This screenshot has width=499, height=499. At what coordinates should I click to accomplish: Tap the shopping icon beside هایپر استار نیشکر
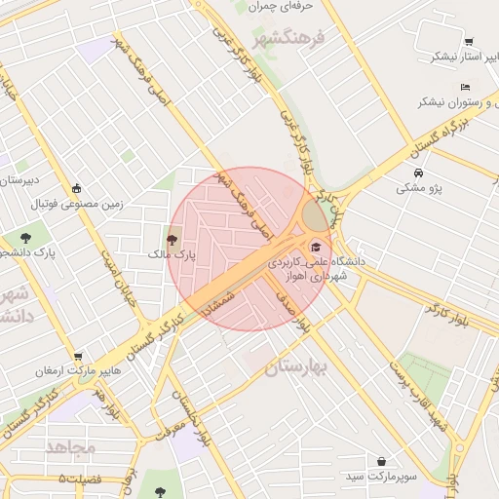469,42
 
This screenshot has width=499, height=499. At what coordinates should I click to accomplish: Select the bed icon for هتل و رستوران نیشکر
465,87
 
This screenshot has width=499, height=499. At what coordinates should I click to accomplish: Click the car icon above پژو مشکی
418,173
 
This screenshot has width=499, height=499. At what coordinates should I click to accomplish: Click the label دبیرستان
19,180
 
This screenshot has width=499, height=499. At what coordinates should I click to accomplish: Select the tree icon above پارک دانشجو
25,237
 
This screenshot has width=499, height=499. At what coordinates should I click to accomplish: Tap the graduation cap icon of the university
316,247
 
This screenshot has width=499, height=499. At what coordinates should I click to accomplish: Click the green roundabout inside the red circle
316,216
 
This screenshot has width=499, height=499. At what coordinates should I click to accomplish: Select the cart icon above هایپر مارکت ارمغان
78,356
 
